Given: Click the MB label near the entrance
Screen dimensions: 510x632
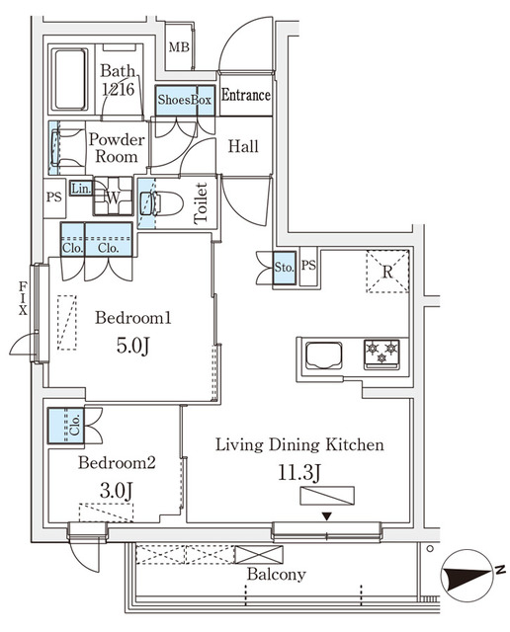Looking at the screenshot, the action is coord(179,47).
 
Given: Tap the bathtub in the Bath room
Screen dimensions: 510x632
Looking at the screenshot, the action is coord(70,79).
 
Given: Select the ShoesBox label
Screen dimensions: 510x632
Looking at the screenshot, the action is coord(185,100).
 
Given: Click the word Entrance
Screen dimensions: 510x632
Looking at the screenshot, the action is coord(246,95).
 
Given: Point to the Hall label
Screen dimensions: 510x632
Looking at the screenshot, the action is coord(243,146).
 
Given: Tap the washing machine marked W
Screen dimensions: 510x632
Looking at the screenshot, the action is coord(113,197).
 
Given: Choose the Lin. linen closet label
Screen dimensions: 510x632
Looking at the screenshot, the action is coord(81,189).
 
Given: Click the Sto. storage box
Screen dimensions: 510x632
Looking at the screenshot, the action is coord(284,268).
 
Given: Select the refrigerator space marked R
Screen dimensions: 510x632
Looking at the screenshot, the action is coord(387,272).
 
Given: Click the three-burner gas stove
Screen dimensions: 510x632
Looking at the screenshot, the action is coord(382,354).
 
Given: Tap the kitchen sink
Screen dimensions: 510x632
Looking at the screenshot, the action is coord(324,355).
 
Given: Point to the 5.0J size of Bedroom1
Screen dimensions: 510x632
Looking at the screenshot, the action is coord(133,346).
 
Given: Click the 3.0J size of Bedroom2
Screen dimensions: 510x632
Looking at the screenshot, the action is coord(117,491).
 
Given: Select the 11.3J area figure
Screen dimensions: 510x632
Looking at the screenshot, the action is coord(298,473).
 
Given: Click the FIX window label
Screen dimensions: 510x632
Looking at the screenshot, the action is coord(23,298).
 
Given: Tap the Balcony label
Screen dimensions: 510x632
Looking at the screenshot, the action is coord(277,574).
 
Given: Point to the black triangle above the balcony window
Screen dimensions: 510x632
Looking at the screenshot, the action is coord(327,515).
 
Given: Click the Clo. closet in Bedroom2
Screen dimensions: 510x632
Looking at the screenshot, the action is coord(66,426).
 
